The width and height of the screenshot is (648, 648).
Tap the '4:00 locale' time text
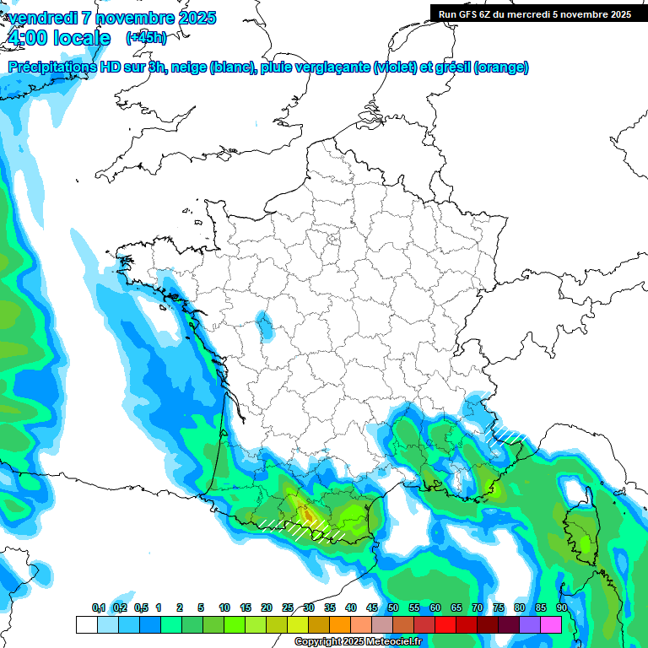[x=58, y=38]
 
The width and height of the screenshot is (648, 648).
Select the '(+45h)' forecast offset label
[x=146, y=38]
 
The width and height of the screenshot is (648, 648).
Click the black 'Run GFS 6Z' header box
[x=534, y=13]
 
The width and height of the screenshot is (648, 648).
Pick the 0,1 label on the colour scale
[x=98, y=608]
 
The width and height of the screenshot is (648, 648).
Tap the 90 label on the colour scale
[x=561, y=608]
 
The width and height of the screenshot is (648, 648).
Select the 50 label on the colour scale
[x=393, y=608]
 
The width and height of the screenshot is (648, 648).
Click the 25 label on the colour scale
[x=288, y=608]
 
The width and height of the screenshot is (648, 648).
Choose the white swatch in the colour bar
[x=86, y=624]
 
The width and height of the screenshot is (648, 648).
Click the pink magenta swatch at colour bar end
[x=551, y=624]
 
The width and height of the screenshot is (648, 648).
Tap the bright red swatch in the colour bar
[x=445, y=624]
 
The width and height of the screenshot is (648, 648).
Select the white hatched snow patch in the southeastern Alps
[x=508, y=435]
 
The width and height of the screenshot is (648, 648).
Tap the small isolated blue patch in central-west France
[x=265, y=324]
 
